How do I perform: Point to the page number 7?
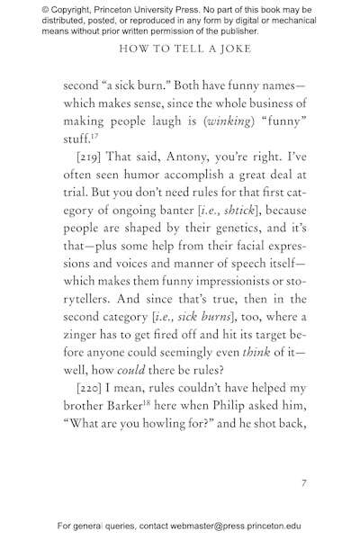point(304,482)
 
